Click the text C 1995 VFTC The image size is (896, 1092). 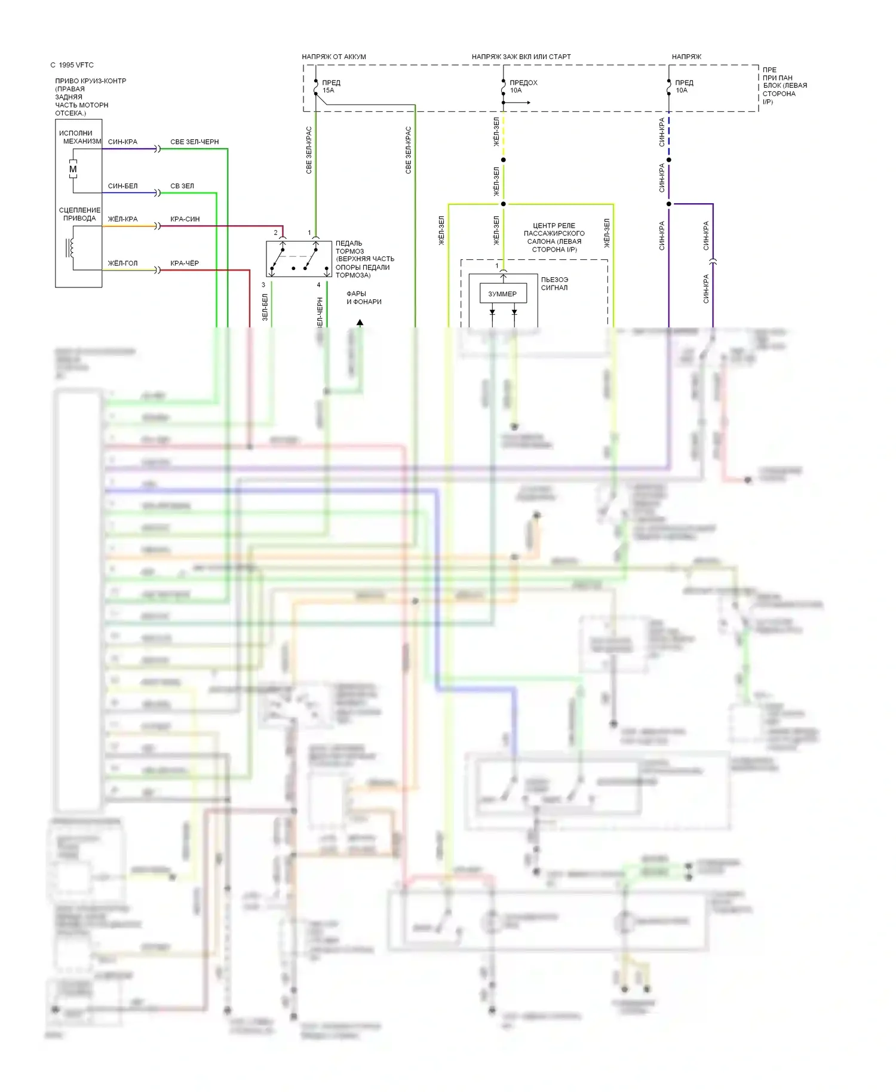pos(72,65)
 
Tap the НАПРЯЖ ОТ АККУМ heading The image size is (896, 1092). pos(334,57)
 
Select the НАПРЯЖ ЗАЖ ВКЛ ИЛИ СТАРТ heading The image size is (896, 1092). pos(521,57)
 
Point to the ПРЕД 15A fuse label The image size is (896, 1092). pos(330,87)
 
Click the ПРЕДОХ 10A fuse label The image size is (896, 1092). pos(523,87)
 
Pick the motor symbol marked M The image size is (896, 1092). pos(73,170)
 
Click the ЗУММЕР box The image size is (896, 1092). pos(502,294)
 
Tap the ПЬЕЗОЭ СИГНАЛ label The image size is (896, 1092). pos(554,284)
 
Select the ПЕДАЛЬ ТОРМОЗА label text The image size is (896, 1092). pos(364,259)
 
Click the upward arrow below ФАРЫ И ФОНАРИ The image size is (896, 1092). pos(360,323)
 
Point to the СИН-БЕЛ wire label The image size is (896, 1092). pos(122,186)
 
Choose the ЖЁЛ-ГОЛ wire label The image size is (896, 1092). pos(122,263)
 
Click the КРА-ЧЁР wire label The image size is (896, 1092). pos(185,263)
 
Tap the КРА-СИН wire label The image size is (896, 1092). pos(185,219)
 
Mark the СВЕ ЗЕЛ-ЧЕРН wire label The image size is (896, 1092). pos(195,142)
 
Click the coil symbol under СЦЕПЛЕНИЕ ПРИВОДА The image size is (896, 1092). pos(71,247)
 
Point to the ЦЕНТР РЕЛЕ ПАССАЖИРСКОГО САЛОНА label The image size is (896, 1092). pos(554,238)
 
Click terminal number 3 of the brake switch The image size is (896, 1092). pos(263,285)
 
